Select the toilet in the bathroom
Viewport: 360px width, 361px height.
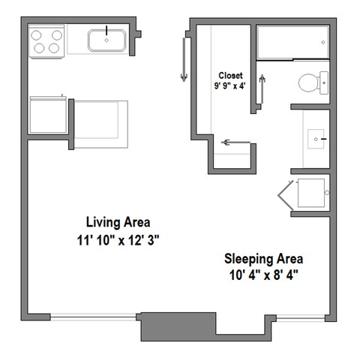point(311,81)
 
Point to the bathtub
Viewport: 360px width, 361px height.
point(293,44)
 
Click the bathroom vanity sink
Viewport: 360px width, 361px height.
point(316,139)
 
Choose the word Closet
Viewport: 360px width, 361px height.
point(230,75)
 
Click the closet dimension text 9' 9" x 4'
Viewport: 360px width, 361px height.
point(231,86)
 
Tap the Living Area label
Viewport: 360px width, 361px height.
point(118,222)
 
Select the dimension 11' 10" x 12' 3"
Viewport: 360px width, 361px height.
point(118,240)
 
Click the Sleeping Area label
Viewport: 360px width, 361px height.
point(263,258)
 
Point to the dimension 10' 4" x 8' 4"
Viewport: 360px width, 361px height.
point(263,275)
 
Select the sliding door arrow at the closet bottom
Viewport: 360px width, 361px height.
point(235,141)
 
